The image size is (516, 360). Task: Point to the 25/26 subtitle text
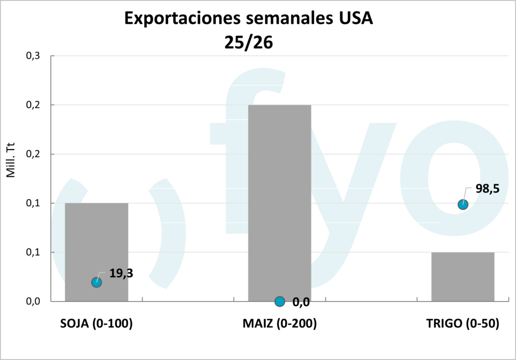point(248,42)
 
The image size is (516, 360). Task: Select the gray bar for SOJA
point(96,242)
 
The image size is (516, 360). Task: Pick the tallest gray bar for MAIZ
point(280,202)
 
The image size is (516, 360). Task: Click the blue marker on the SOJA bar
point(96,282)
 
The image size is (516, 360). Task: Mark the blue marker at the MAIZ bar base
point(280,302)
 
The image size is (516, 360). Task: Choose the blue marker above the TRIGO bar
point(463,204)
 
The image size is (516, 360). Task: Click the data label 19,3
point(121,274)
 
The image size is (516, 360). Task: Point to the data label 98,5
point(487,190)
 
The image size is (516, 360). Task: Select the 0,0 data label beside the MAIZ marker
point(301,303)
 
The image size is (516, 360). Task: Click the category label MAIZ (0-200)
point(280,324)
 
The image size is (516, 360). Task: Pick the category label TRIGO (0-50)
point(463,324)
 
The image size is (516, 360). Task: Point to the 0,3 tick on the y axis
point(32,56)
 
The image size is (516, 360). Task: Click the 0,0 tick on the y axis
point(32,302)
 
